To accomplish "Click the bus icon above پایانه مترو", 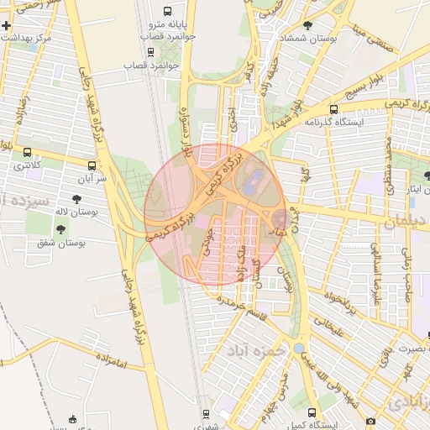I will [167, 12].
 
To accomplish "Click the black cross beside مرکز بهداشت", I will [7, 26].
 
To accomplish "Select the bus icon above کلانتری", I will [29, 153].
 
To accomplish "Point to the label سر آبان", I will [92, 179].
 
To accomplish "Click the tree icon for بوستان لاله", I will [76, 200].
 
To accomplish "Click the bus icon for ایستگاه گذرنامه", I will [334, 109].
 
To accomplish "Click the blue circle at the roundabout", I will [299, 347].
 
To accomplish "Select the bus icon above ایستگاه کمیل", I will [312, 413].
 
